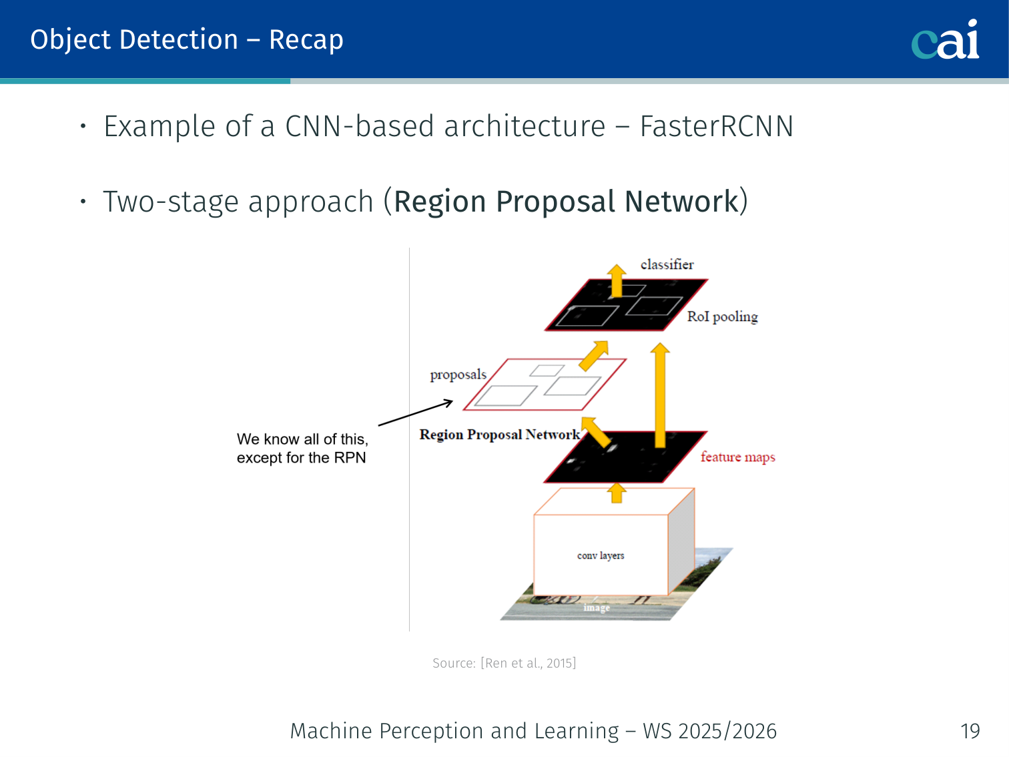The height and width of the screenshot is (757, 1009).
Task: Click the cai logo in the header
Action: pos(945,40)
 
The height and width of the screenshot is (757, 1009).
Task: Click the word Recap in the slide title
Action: pos(306,40)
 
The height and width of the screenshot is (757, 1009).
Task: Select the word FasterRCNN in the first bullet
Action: pos(716,126)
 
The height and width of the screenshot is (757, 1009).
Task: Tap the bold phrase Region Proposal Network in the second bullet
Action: pos(566,202)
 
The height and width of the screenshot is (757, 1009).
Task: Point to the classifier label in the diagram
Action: pos(667,264)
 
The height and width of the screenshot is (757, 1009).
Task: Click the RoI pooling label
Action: pos(722,316)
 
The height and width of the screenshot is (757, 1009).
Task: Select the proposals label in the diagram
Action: pos(458,374)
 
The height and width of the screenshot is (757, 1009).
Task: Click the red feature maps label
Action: pos(737,457)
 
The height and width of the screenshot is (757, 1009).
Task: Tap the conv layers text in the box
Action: pos(601,555)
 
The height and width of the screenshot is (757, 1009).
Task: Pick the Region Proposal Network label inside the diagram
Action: pos(499,435)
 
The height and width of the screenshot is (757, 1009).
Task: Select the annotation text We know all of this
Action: pos(302,439)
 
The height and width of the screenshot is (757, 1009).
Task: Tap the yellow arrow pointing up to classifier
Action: pos(617,280)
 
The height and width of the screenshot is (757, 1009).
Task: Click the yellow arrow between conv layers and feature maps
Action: pos(617,493)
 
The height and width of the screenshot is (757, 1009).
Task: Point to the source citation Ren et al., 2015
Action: pos(504,663)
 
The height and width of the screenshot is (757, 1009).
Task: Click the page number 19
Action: pos(970,731)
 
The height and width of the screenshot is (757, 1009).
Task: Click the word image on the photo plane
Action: pos(597,607)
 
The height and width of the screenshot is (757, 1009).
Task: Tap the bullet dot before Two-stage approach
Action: pos(83,201)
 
